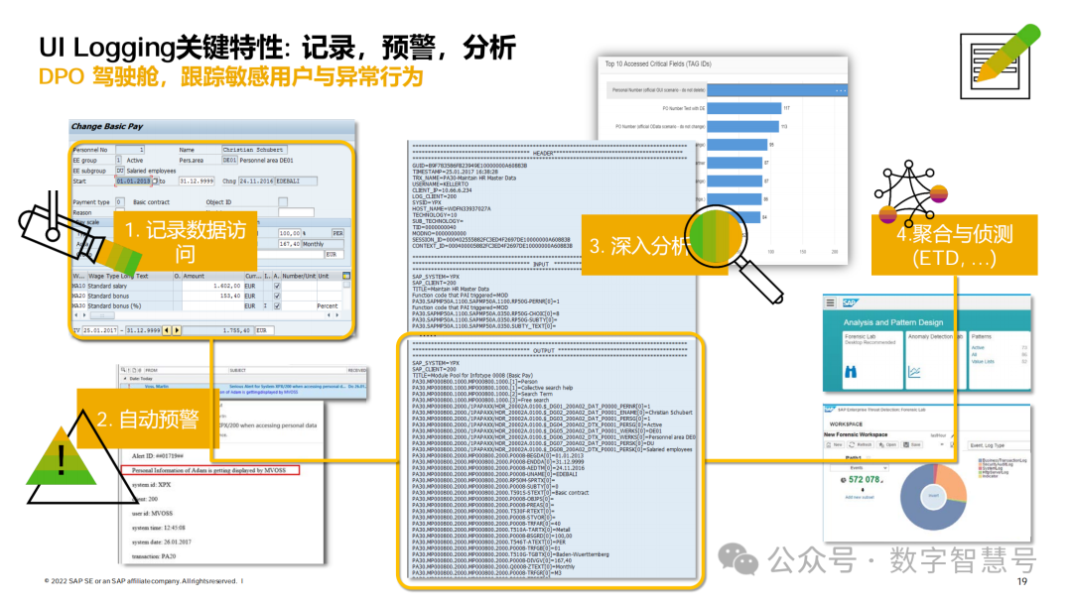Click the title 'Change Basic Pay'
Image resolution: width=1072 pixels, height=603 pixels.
pyautogui.click(x=107, y=127)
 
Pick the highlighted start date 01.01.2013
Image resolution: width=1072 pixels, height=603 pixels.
pyautogui.click(x=133, y=181)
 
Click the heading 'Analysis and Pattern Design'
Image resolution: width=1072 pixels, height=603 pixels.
pyautogui.click(x=892, y=322)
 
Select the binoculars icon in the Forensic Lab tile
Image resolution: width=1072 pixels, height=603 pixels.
pyautogui.click(x=851, y=372)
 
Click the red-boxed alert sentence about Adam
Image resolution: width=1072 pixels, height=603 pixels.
pyautogui.click(x=214, y=469)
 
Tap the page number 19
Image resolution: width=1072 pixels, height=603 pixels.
pyautogui.click(x=1021, y=582)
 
